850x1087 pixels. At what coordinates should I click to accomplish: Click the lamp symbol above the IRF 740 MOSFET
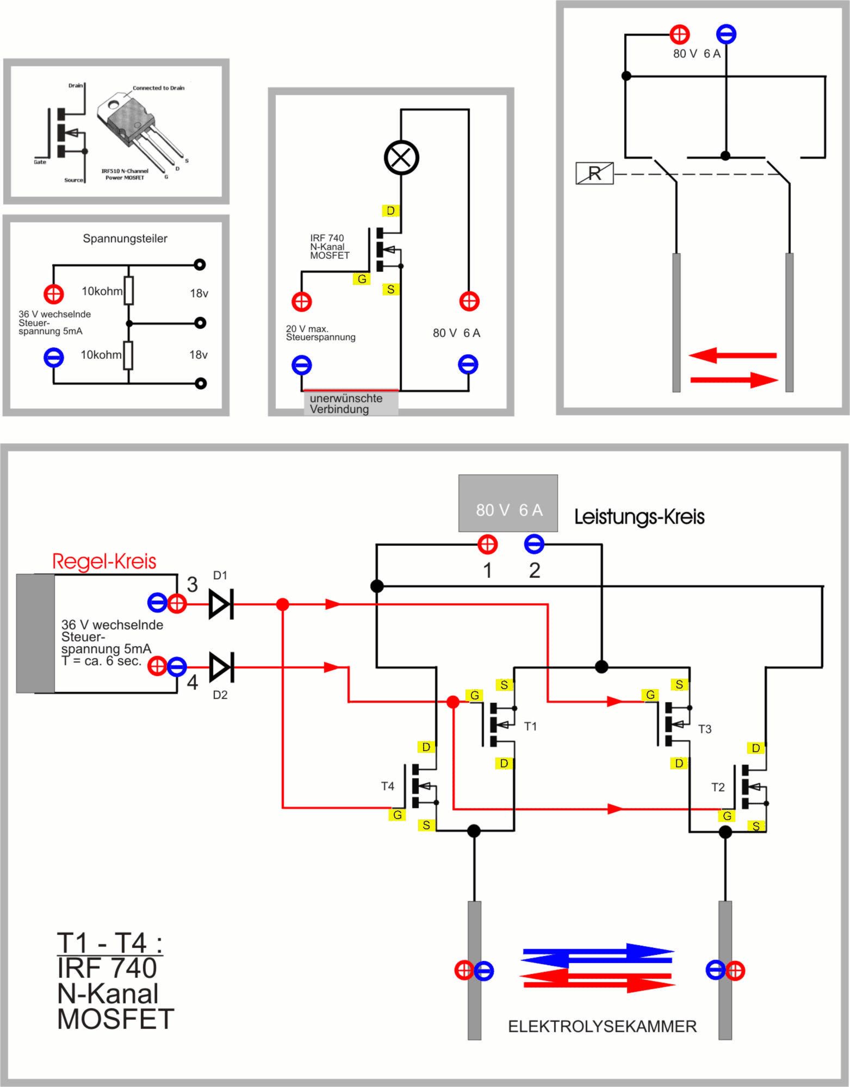click(x=401, y=158)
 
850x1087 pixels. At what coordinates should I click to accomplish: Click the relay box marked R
click(x=594, y=173)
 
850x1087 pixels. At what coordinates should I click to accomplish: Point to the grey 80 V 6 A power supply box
click(x=508, y=503)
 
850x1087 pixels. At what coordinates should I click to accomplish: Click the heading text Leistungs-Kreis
click(x=639, y=517)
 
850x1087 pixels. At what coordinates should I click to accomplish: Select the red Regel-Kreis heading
click(x=104, y=561)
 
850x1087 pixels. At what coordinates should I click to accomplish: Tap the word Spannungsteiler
click(x=125, y=239)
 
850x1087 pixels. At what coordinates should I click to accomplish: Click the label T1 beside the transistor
click(x=530, y=726)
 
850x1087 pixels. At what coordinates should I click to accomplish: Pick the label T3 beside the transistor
click(x=705, y=729)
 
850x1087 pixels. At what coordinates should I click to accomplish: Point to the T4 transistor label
click(x=387, y=786)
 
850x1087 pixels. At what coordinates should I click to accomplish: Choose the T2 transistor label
click(x=718, y=787)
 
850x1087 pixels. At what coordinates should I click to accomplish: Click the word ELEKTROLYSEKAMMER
click(x=602, y=1027)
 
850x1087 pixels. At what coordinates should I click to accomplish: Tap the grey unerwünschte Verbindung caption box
click(x=350, y=404)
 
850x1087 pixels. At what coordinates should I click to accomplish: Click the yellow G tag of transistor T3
click(x=650, y=695)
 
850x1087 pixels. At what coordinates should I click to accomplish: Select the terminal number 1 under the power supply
click(x=487, y=570)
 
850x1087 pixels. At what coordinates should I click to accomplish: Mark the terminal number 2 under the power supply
click(x=535, y=570)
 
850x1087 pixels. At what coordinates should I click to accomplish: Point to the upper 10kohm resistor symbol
click(x=129, y=291)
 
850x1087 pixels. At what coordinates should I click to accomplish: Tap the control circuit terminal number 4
click(x=193, y=683)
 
